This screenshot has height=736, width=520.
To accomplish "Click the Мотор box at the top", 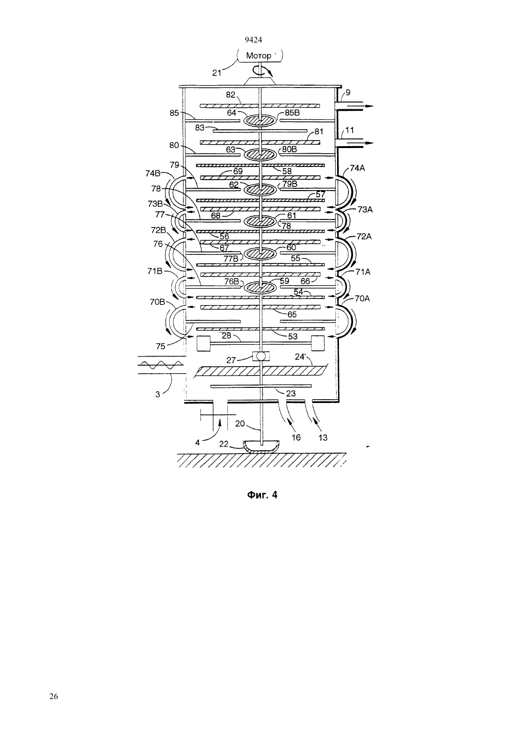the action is click(x=260, y=55).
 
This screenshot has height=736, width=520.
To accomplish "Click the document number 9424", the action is click(x=253, y=40).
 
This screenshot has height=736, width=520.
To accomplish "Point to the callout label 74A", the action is click(x=357, y=168).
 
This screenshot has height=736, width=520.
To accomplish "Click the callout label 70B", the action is click(x=157, y=302).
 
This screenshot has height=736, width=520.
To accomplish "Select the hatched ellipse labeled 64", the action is click(x=260, y=120).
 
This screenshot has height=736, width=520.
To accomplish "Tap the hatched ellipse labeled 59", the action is click(x=260, y=287).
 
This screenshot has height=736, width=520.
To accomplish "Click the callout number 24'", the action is click(x=300, y=357).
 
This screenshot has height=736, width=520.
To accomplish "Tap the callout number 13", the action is click(x=323, y=438).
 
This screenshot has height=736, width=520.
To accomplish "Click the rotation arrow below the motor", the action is click(x=263, y=71).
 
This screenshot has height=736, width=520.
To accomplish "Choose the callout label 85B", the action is click(x=292, y=113).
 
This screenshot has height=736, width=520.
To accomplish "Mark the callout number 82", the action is click(x=231, y=95).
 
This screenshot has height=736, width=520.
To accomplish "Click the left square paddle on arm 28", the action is click(x=203, y=343).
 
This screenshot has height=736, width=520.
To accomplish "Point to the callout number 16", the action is click(x=296, y=438).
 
